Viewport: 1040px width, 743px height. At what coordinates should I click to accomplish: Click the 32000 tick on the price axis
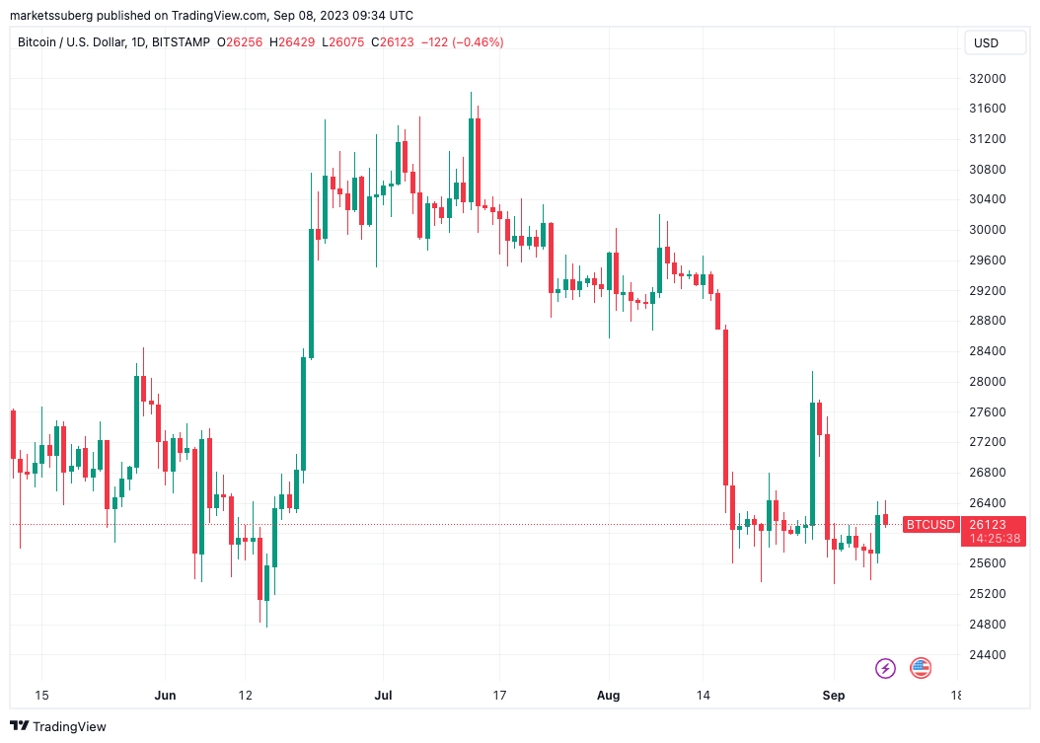pyautogui.click(x=987, y=78)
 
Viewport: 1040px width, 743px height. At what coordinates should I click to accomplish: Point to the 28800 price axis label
pyautogui.click(x=987, y=321)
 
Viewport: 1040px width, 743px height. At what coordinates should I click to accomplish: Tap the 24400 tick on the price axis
pyautogui.click(x=987, y=654)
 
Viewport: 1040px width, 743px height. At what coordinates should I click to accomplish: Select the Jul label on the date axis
pyautogui.click(x=384, y=696)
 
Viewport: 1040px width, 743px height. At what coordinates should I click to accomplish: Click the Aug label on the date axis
pyautogui.click(x=609, y=696)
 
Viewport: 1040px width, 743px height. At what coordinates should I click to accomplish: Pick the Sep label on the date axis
pyautogui.click(x=834, y=696)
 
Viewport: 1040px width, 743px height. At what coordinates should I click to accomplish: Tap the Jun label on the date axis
pyautogui.click(x=165, y=696)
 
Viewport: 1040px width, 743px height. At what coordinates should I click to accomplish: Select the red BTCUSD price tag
pyautogui.click(x=930, y=525)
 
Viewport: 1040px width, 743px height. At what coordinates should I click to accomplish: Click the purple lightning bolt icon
pyautogui.click(x=885, y=668)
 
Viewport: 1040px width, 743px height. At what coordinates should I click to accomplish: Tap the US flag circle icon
pyautogui.click(x=921, y=668)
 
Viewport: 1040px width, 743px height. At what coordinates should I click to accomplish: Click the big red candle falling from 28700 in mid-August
pyautogui.click(x=725, y=406)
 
